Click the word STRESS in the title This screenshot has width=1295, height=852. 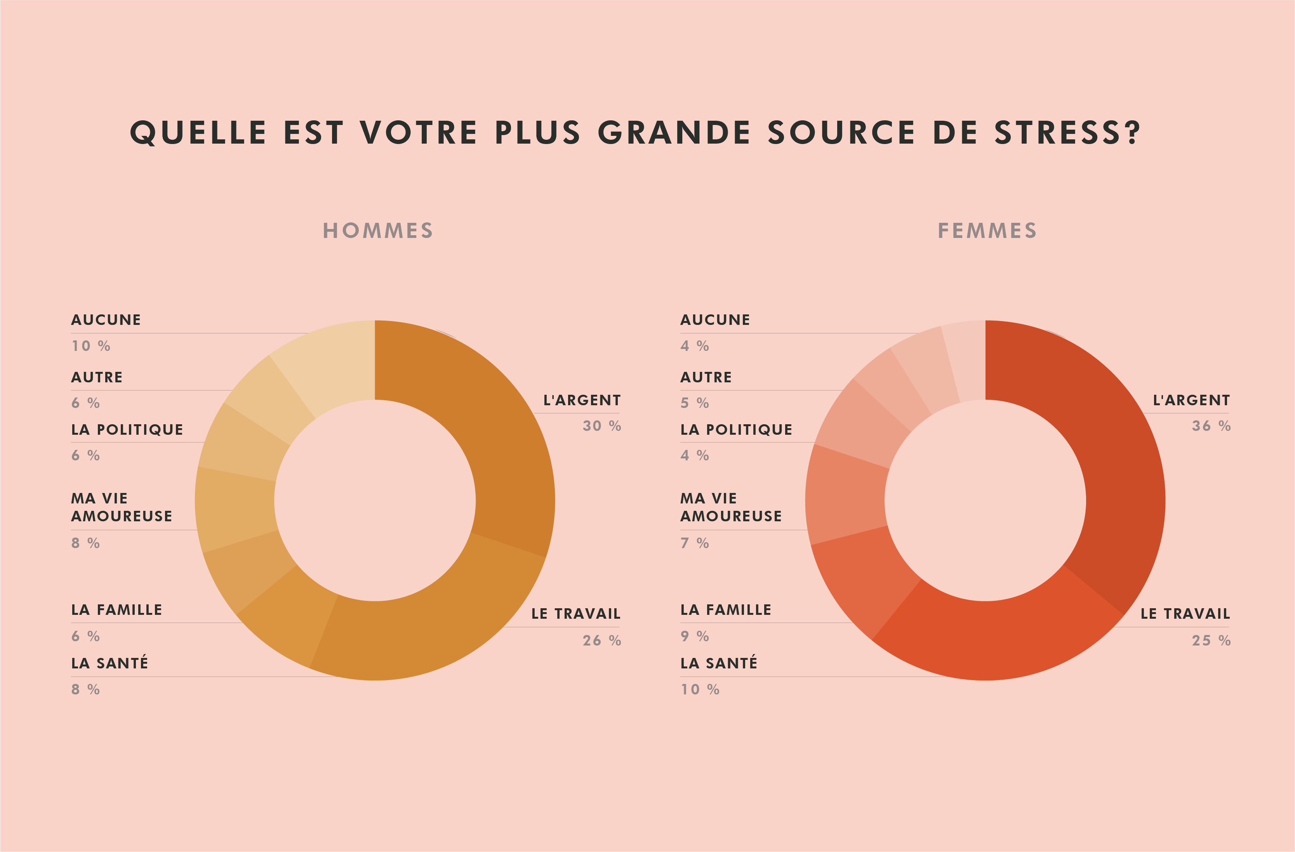pos(1066,133)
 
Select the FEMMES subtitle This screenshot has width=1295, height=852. pos(987,231)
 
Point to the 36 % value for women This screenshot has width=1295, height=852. pos(1211,426)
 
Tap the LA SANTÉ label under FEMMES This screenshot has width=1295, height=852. pos(719,663)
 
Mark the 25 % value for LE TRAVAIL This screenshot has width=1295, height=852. pos(1211,640)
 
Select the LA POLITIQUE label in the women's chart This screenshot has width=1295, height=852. pos(736,430)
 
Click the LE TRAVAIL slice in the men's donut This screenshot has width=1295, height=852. pos(424,626)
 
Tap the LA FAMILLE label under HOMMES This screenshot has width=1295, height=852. pos(116,610)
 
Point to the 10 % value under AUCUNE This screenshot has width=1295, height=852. pos(91,346)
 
